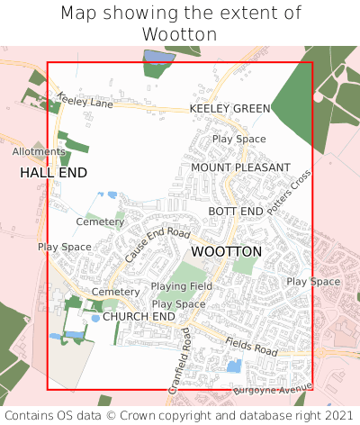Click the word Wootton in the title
[x=180, y=34]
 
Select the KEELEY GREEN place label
[x=229, y=109]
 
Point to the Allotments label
[x=32, y=152]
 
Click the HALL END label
[x=53, y=171]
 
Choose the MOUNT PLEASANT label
[x=240, y=167]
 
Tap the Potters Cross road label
[x=289, y=190]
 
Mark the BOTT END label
[x=236, y=211]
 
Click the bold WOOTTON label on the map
[x=227, y=251]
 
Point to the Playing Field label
[x=181, y=286]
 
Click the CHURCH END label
[x=139, y=317]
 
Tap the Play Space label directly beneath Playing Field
[x=178, y=304]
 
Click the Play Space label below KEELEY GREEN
[x=238, y=140]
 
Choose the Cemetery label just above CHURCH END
[x=116, y=293]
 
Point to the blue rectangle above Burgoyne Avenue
[x=233, y=366]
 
